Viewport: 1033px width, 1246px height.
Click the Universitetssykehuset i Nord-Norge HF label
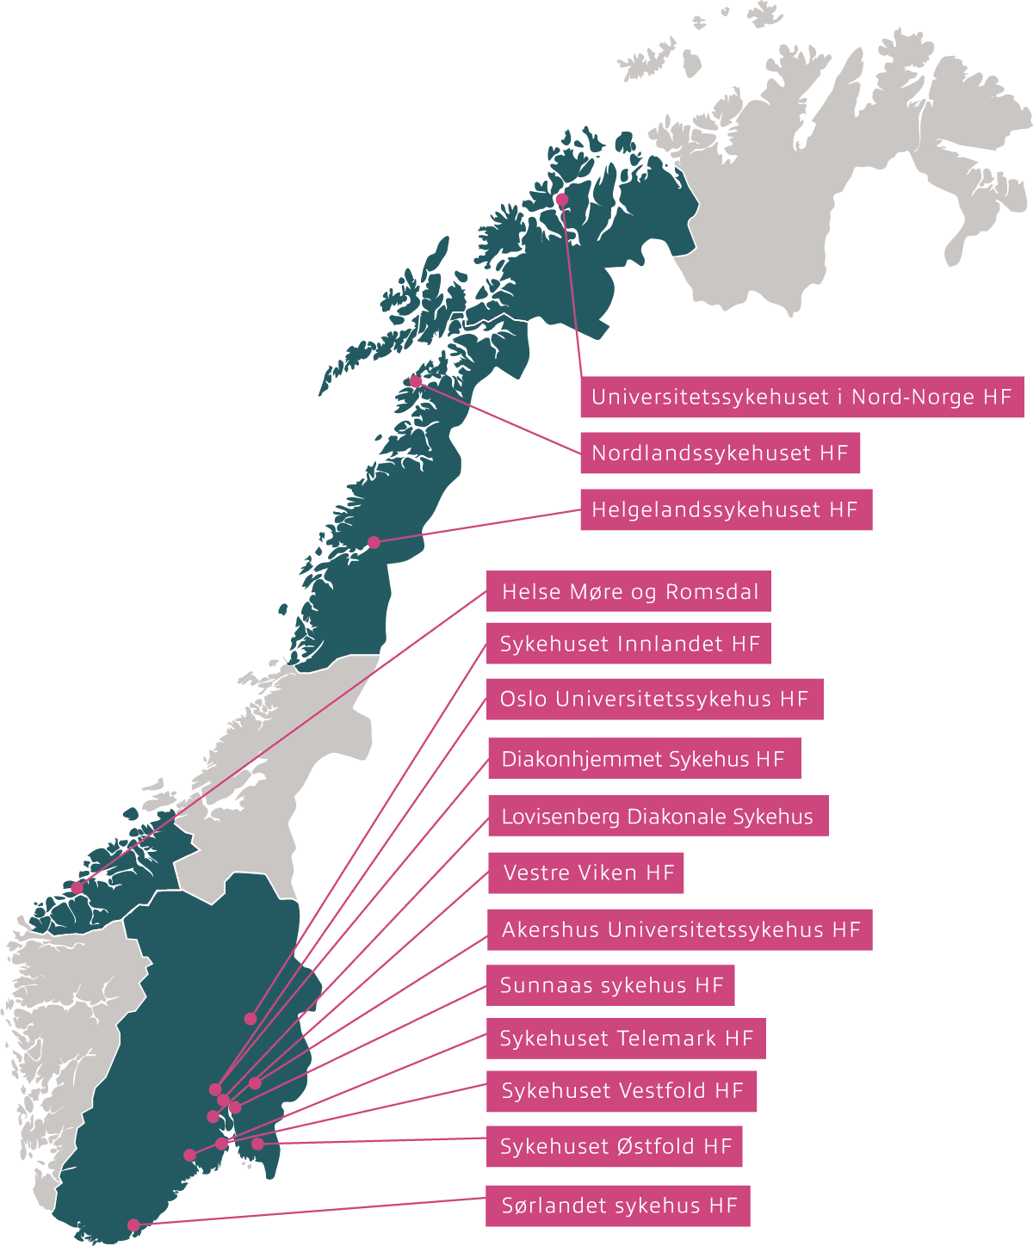[x=801, y=397]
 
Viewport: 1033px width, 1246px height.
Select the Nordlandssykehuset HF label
[x=720, y=453]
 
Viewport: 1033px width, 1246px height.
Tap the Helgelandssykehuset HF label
[x=725, y=509]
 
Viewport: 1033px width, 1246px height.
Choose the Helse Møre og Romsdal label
[x=628, y=591]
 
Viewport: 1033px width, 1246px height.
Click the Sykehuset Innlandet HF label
[x=628, y=644]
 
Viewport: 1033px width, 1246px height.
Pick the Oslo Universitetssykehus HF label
[x=654, y=699]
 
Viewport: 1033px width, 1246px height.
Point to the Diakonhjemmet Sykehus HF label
[x=643, y=758]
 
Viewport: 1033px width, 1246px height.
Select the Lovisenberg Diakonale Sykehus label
[x=657, y=816]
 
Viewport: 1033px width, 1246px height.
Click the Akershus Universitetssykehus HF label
[x=679, y=929]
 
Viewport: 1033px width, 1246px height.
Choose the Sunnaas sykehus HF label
[x=610, y=985]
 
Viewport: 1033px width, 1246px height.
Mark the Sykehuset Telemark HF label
[x=626, y=1039]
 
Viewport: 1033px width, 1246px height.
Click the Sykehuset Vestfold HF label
[x=622, y=1091]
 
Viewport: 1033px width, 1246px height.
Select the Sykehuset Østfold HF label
[x=614, y=1146]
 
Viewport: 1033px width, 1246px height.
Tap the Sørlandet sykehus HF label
[x=618, y=1206]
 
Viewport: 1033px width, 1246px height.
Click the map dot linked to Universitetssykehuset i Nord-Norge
[x=561, y=200]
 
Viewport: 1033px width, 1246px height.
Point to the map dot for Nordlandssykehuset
[x=416, y=381]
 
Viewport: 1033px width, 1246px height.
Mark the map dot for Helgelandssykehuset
[x=374, y=542]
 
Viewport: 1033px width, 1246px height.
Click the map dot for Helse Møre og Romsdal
[x=77, y=888]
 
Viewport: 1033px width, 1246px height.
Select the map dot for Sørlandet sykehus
[x=133, y=1225]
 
